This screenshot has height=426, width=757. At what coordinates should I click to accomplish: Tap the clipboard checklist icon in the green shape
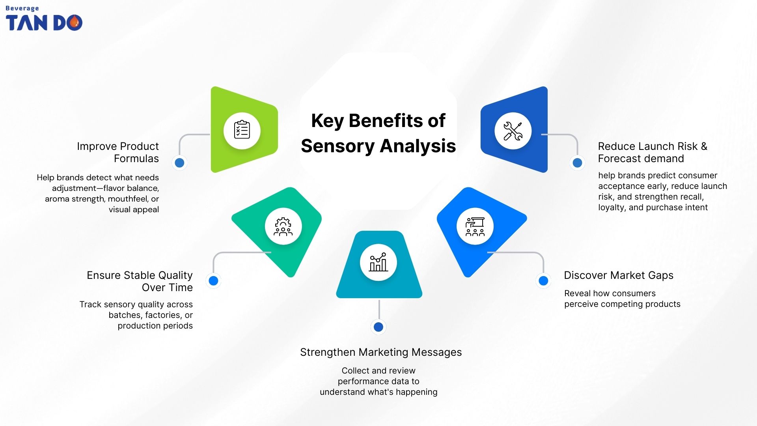click(242, 131)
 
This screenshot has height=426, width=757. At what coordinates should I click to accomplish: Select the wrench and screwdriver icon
click(513, 131)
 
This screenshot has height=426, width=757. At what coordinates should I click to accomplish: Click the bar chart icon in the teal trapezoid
click(378, 262)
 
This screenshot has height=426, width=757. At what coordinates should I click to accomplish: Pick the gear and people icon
click(283, 226)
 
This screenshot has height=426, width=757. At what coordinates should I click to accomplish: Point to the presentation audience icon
click(475, 226)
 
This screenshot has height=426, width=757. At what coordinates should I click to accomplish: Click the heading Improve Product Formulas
click(118, 152)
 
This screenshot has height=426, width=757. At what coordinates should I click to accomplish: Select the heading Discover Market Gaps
click(618, 275)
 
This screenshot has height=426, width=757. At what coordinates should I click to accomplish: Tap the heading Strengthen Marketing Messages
click(381, 352)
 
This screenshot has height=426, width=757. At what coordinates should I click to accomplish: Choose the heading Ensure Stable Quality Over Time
click(140, 281)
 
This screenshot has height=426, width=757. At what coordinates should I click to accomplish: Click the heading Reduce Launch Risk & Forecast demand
click(653, 152)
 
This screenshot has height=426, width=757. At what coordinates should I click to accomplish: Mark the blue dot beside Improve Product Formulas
click(179, 163)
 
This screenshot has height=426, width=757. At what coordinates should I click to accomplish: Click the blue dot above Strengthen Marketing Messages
click(378, 327)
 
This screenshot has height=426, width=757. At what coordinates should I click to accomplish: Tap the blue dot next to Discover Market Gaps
click(543, 280)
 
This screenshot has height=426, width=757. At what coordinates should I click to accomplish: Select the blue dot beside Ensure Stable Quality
click(213, 280)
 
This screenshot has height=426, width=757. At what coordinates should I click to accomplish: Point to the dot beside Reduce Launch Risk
click(577, 163)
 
